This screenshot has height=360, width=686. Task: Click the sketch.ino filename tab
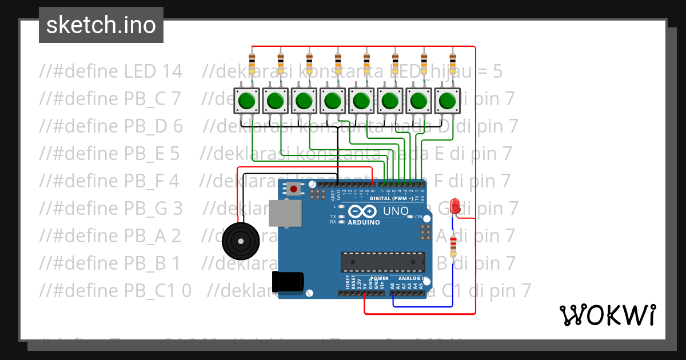tap(101, 25)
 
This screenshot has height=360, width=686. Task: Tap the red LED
tap(456, 206)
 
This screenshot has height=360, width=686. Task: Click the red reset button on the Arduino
tap(294, 188)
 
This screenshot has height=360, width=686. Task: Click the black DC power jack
tap(288, 282)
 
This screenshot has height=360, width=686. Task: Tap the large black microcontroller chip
tap(382, 261)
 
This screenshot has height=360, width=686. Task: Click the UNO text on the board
tap(396, 211)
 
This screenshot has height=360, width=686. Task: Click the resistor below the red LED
tap(454, 246)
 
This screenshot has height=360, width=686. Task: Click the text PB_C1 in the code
tap(151, 291)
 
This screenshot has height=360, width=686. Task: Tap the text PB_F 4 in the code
tap(151, 181)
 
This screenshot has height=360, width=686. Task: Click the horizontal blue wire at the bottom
tap(423, 306)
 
